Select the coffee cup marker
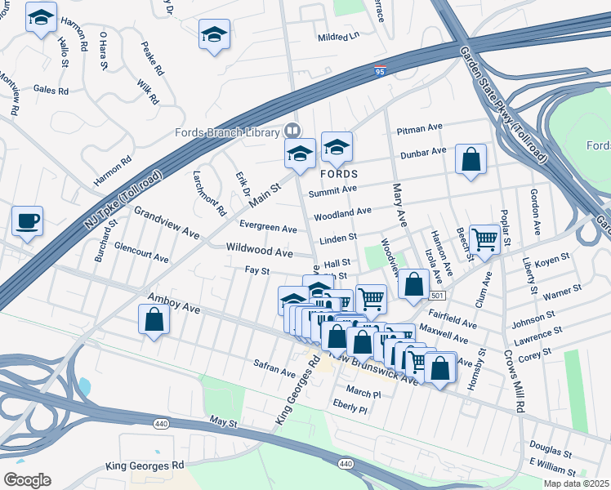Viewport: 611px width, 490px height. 28,220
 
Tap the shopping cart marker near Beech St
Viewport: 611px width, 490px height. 484,240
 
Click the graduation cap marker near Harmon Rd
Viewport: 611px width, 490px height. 41,16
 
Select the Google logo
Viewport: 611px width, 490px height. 27,480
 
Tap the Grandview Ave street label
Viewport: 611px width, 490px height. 167,221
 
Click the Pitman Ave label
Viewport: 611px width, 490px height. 419,130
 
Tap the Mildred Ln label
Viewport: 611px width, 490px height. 338,37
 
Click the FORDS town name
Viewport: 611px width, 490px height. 339,175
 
